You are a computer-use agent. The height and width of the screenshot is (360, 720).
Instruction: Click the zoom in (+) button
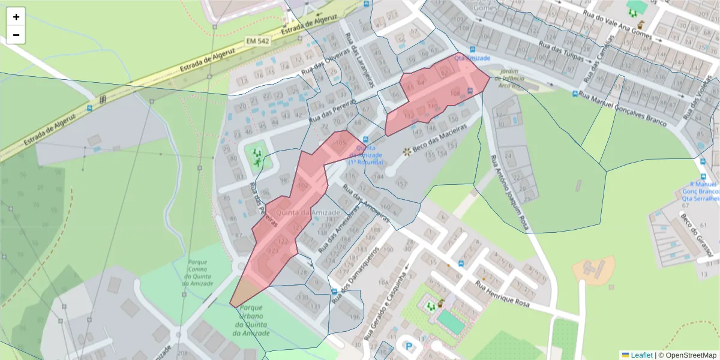point(16,17)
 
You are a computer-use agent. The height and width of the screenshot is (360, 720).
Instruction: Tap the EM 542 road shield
point(257,41)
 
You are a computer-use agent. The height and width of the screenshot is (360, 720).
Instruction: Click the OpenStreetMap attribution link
point(687,355)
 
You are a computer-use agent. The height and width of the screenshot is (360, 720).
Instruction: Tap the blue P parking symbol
point(409,347)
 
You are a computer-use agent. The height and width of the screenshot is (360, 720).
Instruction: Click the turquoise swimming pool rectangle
point(451,322)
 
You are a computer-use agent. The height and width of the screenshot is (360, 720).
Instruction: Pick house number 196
point(355,317)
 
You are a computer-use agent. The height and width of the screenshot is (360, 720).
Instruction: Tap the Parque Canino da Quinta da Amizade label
point(202,273)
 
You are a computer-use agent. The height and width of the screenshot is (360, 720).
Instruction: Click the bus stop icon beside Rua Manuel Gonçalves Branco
point(575,94)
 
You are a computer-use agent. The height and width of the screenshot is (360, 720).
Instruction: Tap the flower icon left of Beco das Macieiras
point(407,151)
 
